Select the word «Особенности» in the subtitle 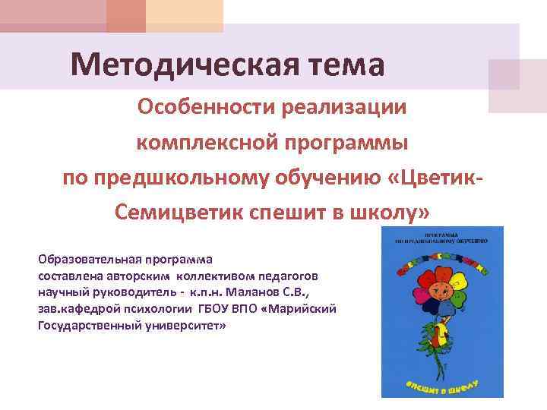(x=206, y=107)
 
